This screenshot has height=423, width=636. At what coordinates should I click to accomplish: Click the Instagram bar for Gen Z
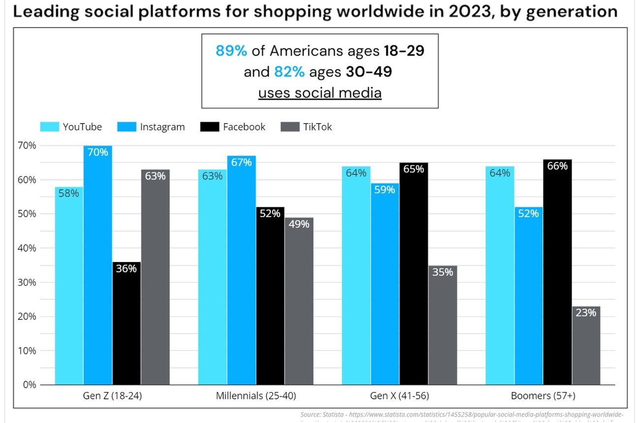97,266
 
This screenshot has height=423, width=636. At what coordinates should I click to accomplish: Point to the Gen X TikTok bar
442,325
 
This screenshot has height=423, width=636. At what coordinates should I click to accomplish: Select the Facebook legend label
244,127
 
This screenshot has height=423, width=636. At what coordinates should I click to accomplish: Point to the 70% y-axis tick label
27,146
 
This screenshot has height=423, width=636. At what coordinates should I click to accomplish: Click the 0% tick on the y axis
30,385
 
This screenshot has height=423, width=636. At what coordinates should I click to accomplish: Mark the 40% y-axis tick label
27,248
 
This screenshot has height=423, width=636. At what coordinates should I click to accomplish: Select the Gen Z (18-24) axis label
112,396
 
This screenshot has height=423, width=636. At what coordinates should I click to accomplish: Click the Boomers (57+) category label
542,396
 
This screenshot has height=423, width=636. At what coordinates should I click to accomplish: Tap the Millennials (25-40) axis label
256,396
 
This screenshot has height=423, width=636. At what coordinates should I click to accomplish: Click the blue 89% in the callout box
231,51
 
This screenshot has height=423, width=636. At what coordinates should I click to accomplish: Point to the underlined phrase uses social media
319,93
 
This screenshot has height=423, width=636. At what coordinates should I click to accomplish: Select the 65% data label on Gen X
413,169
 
